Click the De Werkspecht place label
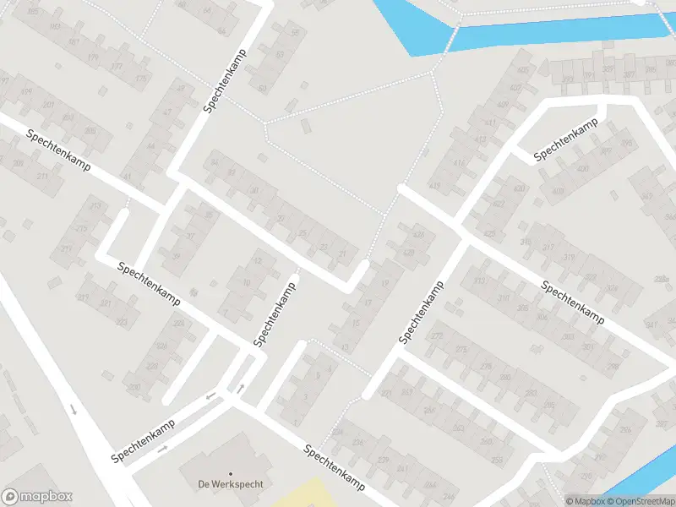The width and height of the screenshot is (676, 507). [x=231, y=484]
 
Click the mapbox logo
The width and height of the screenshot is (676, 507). [x=37, y=497]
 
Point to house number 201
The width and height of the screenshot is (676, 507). [x=47, y=105]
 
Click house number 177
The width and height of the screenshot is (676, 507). [x=117, y=66]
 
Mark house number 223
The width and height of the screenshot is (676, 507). [x=122, y=322]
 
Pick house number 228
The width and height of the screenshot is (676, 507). [x=152, y=366]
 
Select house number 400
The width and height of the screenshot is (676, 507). [x=582, y=169]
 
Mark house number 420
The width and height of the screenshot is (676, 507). [x=519, y=188]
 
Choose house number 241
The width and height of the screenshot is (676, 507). [x=401, y=467]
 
